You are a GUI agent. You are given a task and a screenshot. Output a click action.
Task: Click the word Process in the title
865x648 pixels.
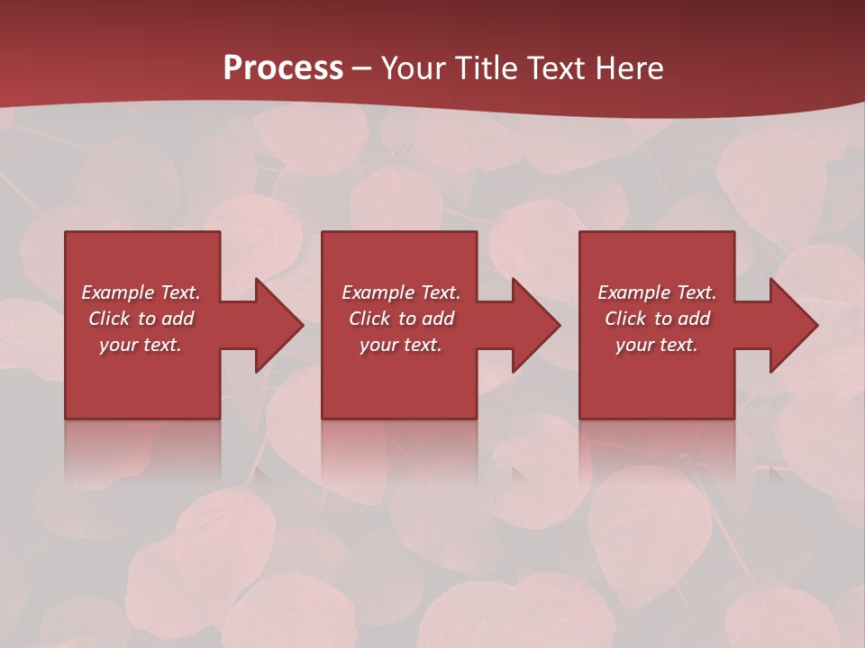pyautogui.click(x=283, y=68)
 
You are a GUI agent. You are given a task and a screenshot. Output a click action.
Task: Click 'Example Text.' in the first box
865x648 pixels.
pyautogui.click(x=141, y=292)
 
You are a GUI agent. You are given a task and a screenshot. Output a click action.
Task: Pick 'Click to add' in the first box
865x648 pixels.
pyautogui.click(x=141, y=319)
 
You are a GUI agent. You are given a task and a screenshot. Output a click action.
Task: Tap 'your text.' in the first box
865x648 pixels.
pyautogui.click(x=141, y=345)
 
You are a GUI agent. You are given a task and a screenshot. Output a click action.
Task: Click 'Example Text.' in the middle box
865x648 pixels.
pyautogui.click(x=401, y=292)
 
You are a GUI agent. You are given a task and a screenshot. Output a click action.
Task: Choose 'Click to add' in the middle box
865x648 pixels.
pyautogui.click(x=401, y=319)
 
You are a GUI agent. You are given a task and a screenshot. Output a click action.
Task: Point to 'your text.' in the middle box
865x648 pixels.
pyautogui.click(x=401, y=345)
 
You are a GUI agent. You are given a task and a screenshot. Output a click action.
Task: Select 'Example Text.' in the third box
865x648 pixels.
pyautogui.click(x=657, y=292)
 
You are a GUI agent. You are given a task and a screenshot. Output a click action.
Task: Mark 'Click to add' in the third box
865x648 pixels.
pyautogui.click(x=657, y=319)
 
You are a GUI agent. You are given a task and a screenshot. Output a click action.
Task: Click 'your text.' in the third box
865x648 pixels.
pyautogui.click(x=657, y=345)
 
